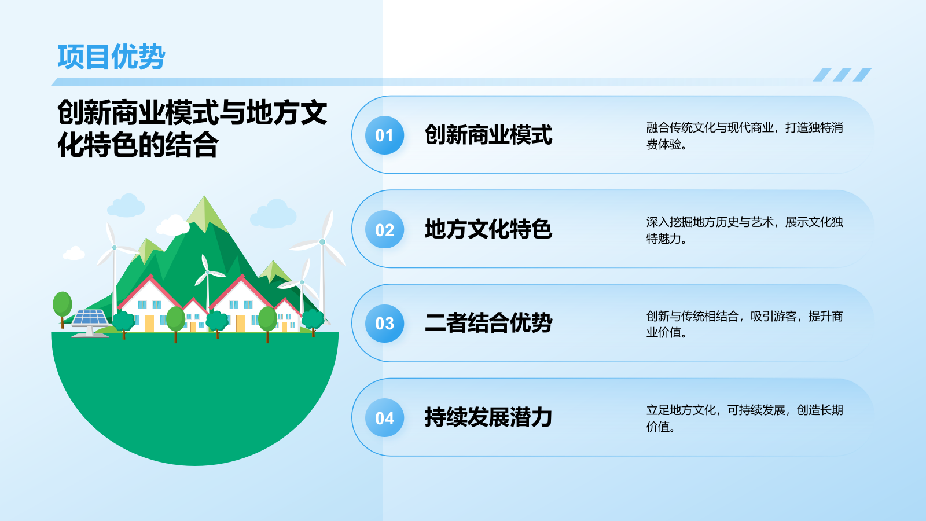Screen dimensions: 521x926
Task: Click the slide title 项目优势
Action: pyautogui.click(x=111, y=57)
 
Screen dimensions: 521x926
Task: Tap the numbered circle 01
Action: pyautogui.click(x=384, y=135)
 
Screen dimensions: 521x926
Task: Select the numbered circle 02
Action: pyautogui.click(x=384, y=230)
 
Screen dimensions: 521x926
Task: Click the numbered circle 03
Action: pyautogui.click(x=384, y=324)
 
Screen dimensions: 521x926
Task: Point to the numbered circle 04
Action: pyautogui.click(x=384, y=418)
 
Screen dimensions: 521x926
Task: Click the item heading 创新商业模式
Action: pyautogui.click(x=488, y=135)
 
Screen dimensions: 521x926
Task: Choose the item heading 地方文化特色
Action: pyautogui.click(x=488, y=230)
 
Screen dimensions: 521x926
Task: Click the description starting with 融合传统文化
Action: pyautogui.click(x=744, y=136)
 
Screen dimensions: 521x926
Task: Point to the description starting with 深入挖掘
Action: pyautogui.click(x=744, y=230)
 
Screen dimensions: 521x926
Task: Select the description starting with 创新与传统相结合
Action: pyautogui.click(x=744, y=324)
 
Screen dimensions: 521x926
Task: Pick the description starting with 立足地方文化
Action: pyautogui.click(x=744, y=419)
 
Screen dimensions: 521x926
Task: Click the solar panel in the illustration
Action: pyautogui.click(x=90, y=318)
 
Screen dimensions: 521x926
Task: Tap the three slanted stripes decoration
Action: pyautogui.click(x=842, y=75)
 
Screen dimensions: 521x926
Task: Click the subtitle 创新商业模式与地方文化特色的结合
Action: pyautogui.click(x=192, y=129)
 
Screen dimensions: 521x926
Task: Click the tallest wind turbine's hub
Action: pyautogui.click(x=322, y=242)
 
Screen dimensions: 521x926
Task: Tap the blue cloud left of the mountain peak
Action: pyautogui.click(x=126, y=206)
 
